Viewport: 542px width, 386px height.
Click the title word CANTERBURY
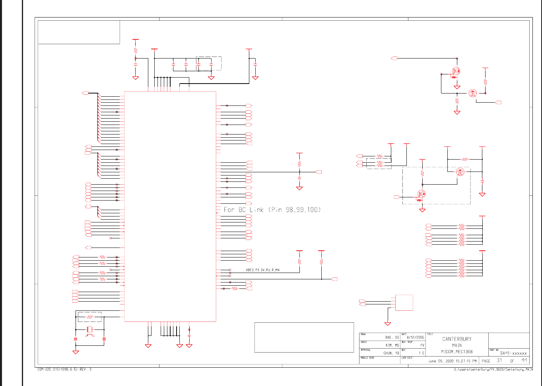(457, 339)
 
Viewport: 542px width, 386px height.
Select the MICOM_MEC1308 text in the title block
(457, 352)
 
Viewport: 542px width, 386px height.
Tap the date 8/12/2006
(416, 337)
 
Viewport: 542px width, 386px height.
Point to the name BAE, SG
(392, 337)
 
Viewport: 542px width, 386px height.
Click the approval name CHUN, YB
(391, 353)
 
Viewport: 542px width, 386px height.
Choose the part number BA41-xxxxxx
(513, 353)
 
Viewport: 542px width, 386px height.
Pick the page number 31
(499, 361)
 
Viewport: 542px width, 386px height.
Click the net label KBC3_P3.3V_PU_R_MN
(262, 270)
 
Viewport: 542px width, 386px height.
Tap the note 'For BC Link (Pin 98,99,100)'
(272, 210)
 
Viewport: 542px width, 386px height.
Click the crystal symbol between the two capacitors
(90, 329)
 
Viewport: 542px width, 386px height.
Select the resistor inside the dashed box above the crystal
(90, 317)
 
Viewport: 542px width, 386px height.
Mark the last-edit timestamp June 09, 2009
(452, 361)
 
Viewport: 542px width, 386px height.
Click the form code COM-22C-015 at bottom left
(64, 369)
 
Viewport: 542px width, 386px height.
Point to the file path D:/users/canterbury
(493, 369)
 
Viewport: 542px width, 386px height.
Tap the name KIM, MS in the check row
(392, 345)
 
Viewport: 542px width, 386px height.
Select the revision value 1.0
(422, 353)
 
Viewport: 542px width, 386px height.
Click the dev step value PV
(422, 345)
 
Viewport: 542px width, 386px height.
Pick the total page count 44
(525, 361)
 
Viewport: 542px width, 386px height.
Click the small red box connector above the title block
(404, 303)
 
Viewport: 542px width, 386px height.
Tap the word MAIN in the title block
(457, 345)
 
